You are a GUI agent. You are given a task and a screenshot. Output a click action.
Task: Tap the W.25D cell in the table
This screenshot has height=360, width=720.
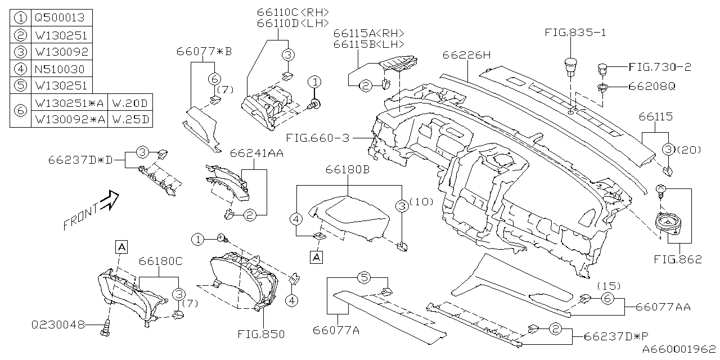129,119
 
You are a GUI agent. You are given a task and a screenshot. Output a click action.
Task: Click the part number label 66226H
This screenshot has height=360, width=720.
467,55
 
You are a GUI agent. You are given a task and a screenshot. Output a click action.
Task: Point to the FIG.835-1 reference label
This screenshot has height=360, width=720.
575,33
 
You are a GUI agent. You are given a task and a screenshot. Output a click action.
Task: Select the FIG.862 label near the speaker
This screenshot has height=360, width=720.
678,259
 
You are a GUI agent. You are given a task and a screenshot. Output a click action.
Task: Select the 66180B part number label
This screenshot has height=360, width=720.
348,169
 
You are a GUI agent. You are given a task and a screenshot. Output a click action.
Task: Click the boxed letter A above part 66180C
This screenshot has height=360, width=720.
121,245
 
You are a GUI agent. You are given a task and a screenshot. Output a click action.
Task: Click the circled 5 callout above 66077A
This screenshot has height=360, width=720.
364,277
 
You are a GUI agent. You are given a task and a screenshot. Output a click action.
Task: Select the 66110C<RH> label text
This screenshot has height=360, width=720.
292,12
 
